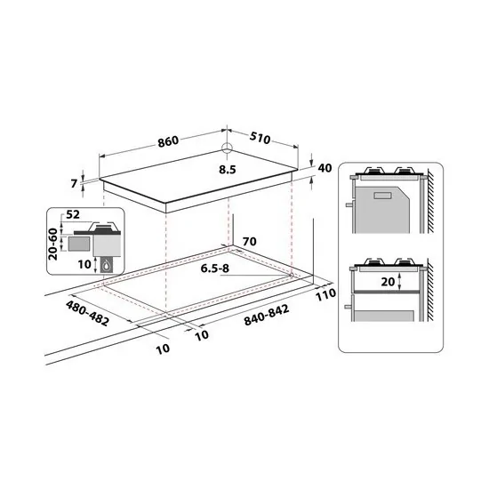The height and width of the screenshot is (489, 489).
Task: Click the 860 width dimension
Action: pos(169,140)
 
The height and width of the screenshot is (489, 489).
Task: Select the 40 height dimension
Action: pos(324,168)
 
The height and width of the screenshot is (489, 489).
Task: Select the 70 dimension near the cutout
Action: pos(248,240)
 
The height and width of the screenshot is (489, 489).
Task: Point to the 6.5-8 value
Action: pos(215,268)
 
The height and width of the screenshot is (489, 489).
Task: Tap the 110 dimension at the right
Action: pos(323,294)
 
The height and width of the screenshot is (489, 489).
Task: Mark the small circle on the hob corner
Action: pos(227,149)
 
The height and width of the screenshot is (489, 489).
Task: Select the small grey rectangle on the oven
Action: pos(383,196)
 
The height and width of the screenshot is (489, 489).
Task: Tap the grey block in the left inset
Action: pos(80,240)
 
